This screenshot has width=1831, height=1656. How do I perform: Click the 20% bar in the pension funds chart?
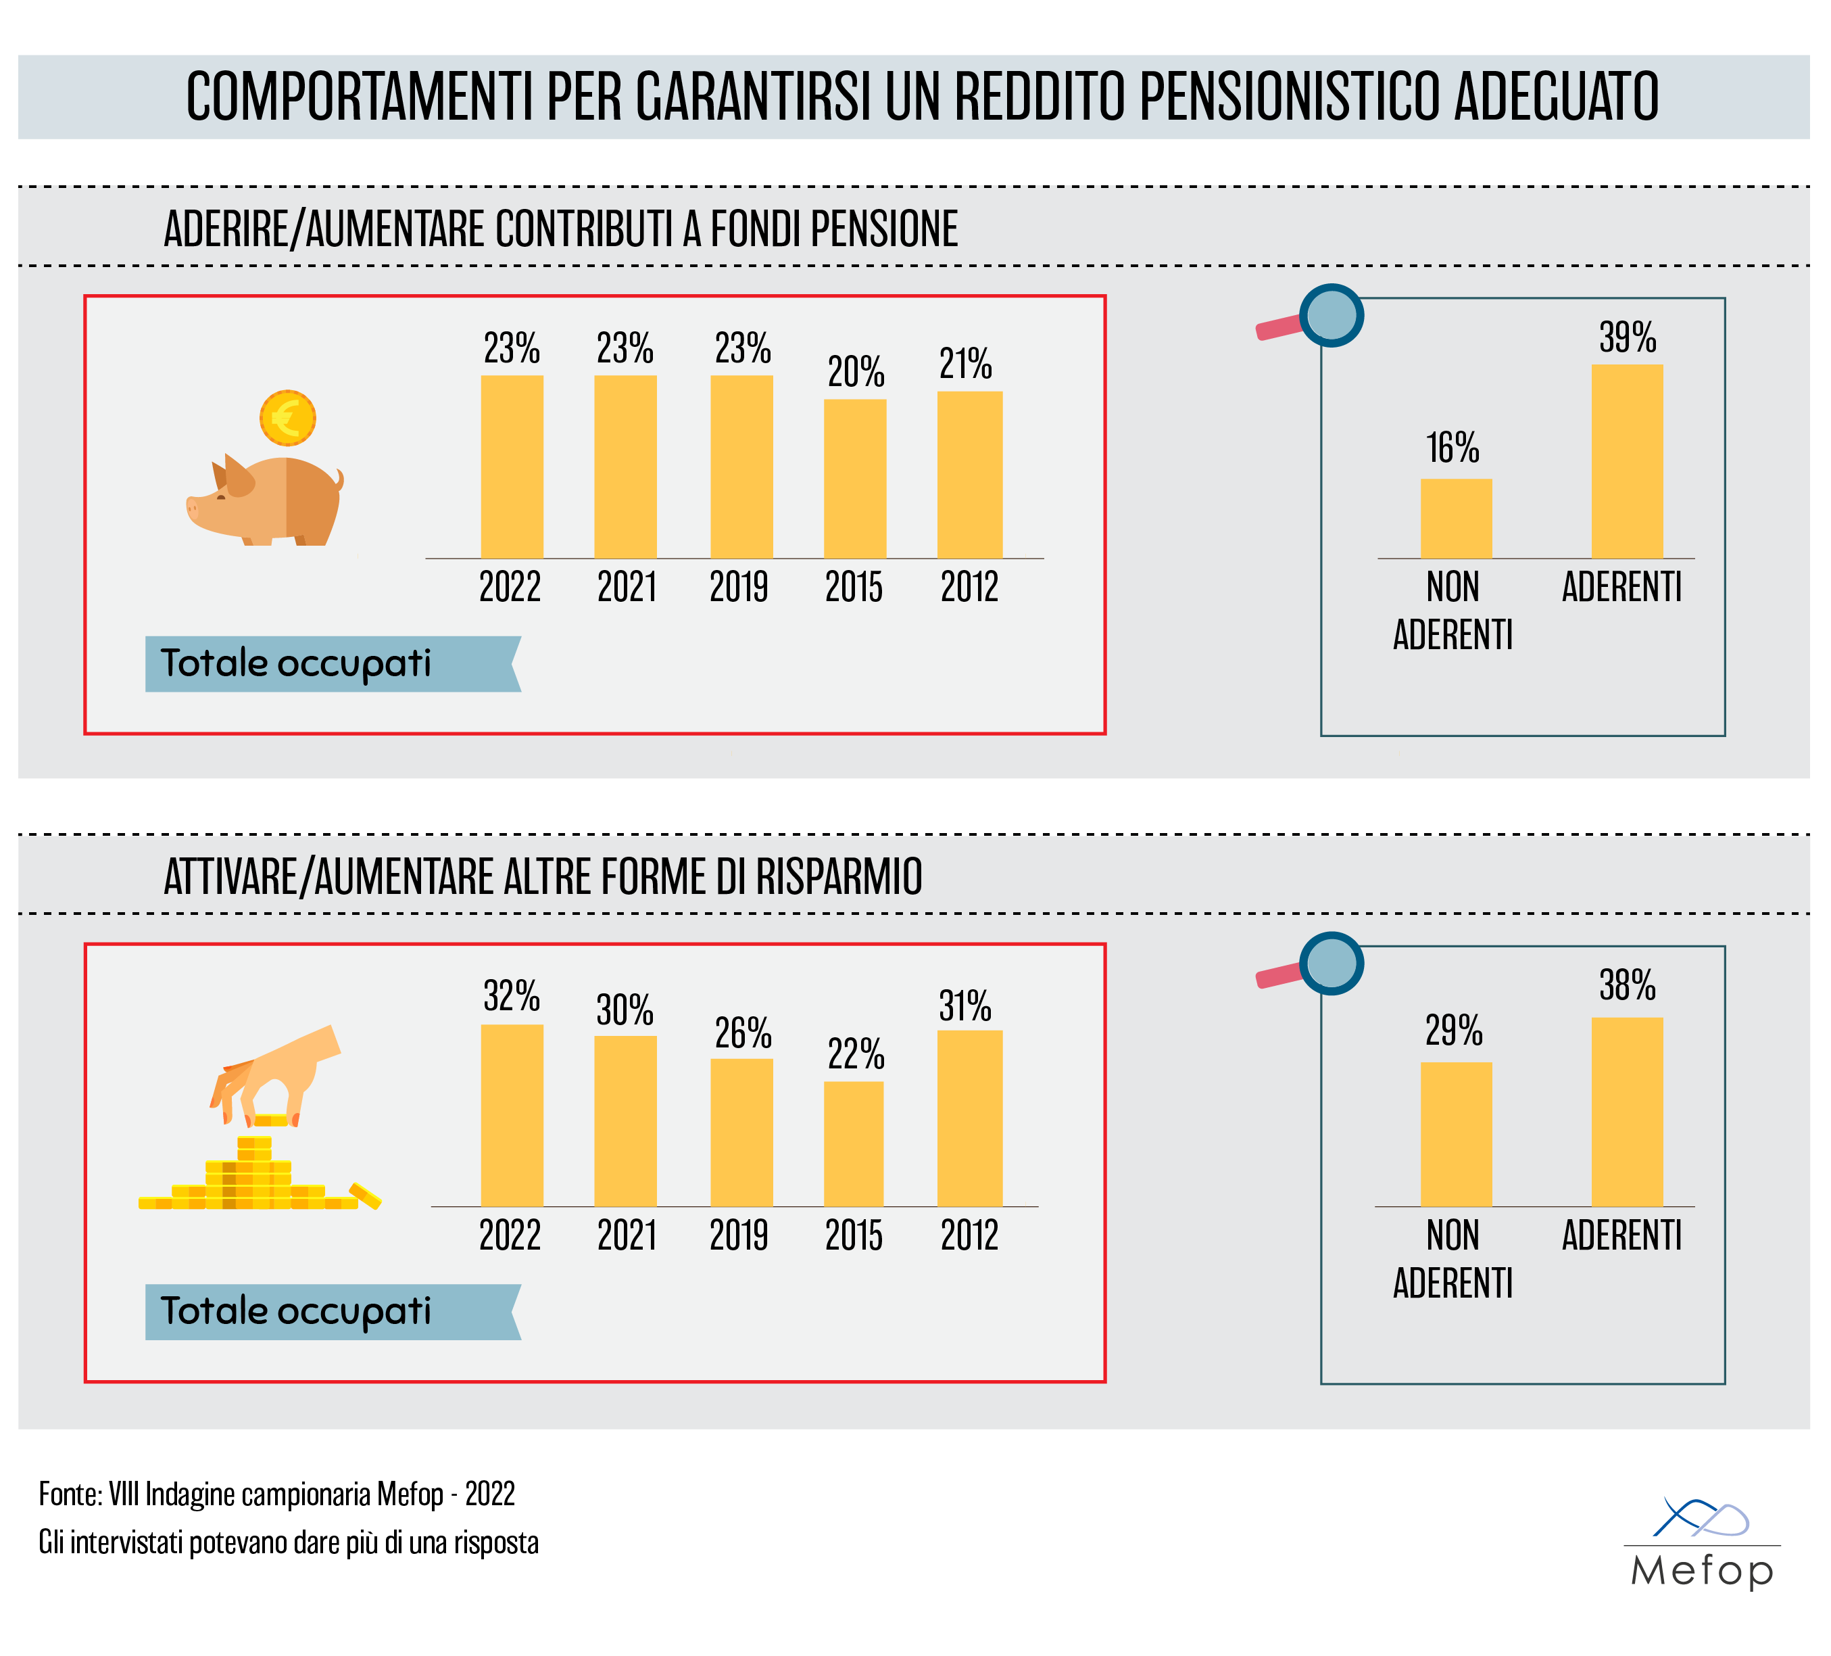tap(854, 479)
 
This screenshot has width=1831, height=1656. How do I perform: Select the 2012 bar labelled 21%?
tap(969, 474)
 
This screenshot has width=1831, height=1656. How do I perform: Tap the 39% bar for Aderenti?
tap(1627, 461)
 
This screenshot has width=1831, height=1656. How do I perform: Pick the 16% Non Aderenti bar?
tap(1456, 518)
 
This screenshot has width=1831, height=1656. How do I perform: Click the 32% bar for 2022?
tap(512, 1116)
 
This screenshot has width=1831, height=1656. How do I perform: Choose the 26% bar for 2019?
tap(741, 1132)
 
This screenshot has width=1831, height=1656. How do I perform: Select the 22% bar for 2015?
tap(854, 1143)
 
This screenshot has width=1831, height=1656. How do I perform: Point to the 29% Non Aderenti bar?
tap(1456, 1134)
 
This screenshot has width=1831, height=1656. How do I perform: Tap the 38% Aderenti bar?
tap(1627, 1111)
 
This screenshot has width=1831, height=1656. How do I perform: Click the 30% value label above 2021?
tap(625, 1010)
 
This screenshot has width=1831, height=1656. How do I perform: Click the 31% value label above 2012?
tap(965, 1006)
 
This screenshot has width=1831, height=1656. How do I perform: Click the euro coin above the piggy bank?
tap(288, 418)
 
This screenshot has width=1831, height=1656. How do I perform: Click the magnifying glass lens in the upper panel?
tap(1332, 315)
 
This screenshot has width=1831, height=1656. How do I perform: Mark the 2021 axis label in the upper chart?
tap(627, 587)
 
